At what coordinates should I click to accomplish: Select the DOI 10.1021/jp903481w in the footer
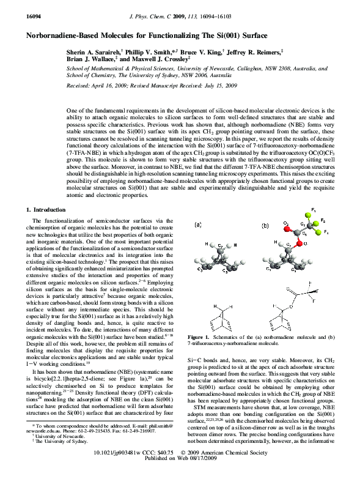[x=123, y=468]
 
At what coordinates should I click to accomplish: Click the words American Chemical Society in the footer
[x=242, y=468]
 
